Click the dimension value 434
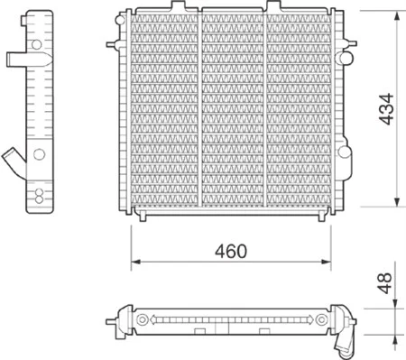pyautogui.click(x=386, y=109)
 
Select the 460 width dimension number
pyautogui.click(x=231, y=251)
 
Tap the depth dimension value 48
pyautogui.click(x=384, y=283)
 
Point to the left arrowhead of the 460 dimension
pyautogui.click(x=136, y=262)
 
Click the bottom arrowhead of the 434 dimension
pyautogui.click(x=397, y=202)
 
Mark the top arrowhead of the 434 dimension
pyautogui.click(x=397, y=15)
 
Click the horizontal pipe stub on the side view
pyautogui.click(x=28, y=59)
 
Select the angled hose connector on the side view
pyautogui.click(x=14, y=162)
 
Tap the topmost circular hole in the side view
pyautogui.click(x=36, y=44)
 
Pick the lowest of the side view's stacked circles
pyautogui.click(x=39, y=199)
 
